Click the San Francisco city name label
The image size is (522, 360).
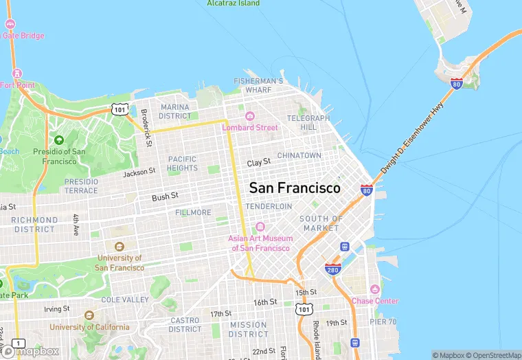294,188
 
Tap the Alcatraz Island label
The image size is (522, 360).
234,3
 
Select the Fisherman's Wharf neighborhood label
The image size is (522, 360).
258,85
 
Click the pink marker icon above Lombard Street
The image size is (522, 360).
250,116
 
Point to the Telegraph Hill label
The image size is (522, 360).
308,122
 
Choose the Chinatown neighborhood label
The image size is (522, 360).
299,155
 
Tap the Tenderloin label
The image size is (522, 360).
269,206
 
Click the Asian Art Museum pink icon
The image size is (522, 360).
260,227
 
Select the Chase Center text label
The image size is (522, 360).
374,301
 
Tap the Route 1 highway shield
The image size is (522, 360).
19,343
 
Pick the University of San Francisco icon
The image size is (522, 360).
119,247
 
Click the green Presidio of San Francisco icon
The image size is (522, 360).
59,140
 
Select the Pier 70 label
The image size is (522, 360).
382,322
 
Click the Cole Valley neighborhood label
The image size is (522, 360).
125,300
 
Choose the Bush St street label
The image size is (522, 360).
165,196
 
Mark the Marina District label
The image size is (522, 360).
174,111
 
